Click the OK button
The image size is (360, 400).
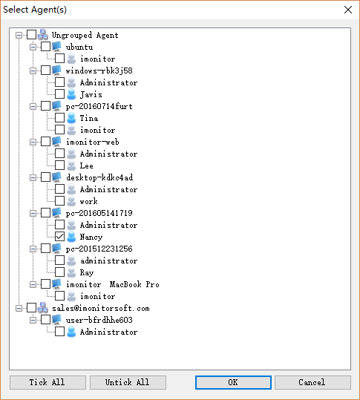(x=233, y=382)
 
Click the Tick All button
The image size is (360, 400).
(x=48, y=382)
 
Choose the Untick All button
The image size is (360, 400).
(x=128, y=382)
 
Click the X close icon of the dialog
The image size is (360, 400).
(x=348, y=10)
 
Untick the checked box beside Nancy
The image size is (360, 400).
(x=59, y=237)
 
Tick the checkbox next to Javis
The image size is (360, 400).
(x=59, y=94)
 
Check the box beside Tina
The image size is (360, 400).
(x=59, y=118)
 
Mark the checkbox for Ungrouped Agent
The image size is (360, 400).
(x=32, y=35)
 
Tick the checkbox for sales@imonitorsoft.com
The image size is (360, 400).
(x=32, y=308)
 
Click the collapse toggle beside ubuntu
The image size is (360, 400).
(x=33, y=47)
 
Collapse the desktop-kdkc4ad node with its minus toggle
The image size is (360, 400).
(x=33, y=177)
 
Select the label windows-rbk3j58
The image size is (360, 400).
(x=99, y=71)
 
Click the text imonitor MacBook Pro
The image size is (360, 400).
(x=113, y=284)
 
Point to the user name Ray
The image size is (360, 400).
(x=87, y=272)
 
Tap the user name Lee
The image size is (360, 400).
(x=87, y=165)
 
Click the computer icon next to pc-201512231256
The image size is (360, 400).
(x=56, y=249)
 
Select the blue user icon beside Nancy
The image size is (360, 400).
(x=71, y=237)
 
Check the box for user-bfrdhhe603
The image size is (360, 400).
(x=46, y=320)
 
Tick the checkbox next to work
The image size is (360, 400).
(x=59, y=201)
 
